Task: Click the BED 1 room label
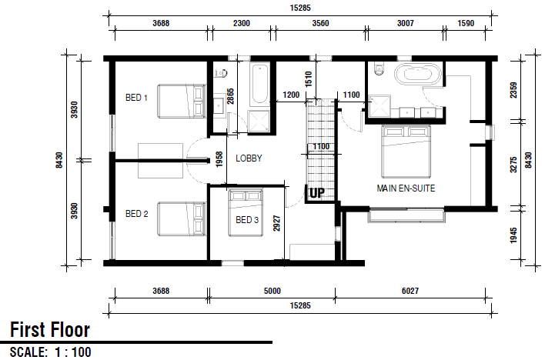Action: pos(136,98)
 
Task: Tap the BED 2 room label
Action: pos(136,213)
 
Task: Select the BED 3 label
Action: pos(247,219)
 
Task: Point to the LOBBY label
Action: pos(249,158)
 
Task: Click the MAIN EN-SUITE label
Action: pos(406,188)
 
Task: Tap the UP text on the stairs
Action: pos(316,193)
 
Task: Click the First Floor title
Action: pos(50,330)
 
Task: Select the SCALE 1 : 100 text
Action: pos(51,352)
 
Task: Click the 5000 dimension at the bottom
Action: pos(272,291)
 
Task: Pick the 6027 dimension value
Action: pos(410,291)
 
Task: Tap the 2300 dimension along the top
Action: pos(241,23)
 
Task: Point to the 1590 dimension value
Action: pos(466,23)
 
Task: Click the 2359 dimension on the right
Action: pos(513,90)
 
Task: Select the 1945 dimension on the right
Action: pos(513,235)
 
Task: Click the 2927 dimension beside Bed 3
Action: pos(276,223)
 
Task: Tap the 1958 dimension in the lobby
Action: pos(219,159)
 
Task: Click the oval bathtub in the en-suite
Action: pos(417,74)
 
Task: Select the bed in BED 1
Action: pos(182,101)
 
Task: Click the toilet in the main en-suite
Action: pos(378,68)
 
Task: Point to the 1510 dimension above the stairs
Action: pos(309,78)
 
